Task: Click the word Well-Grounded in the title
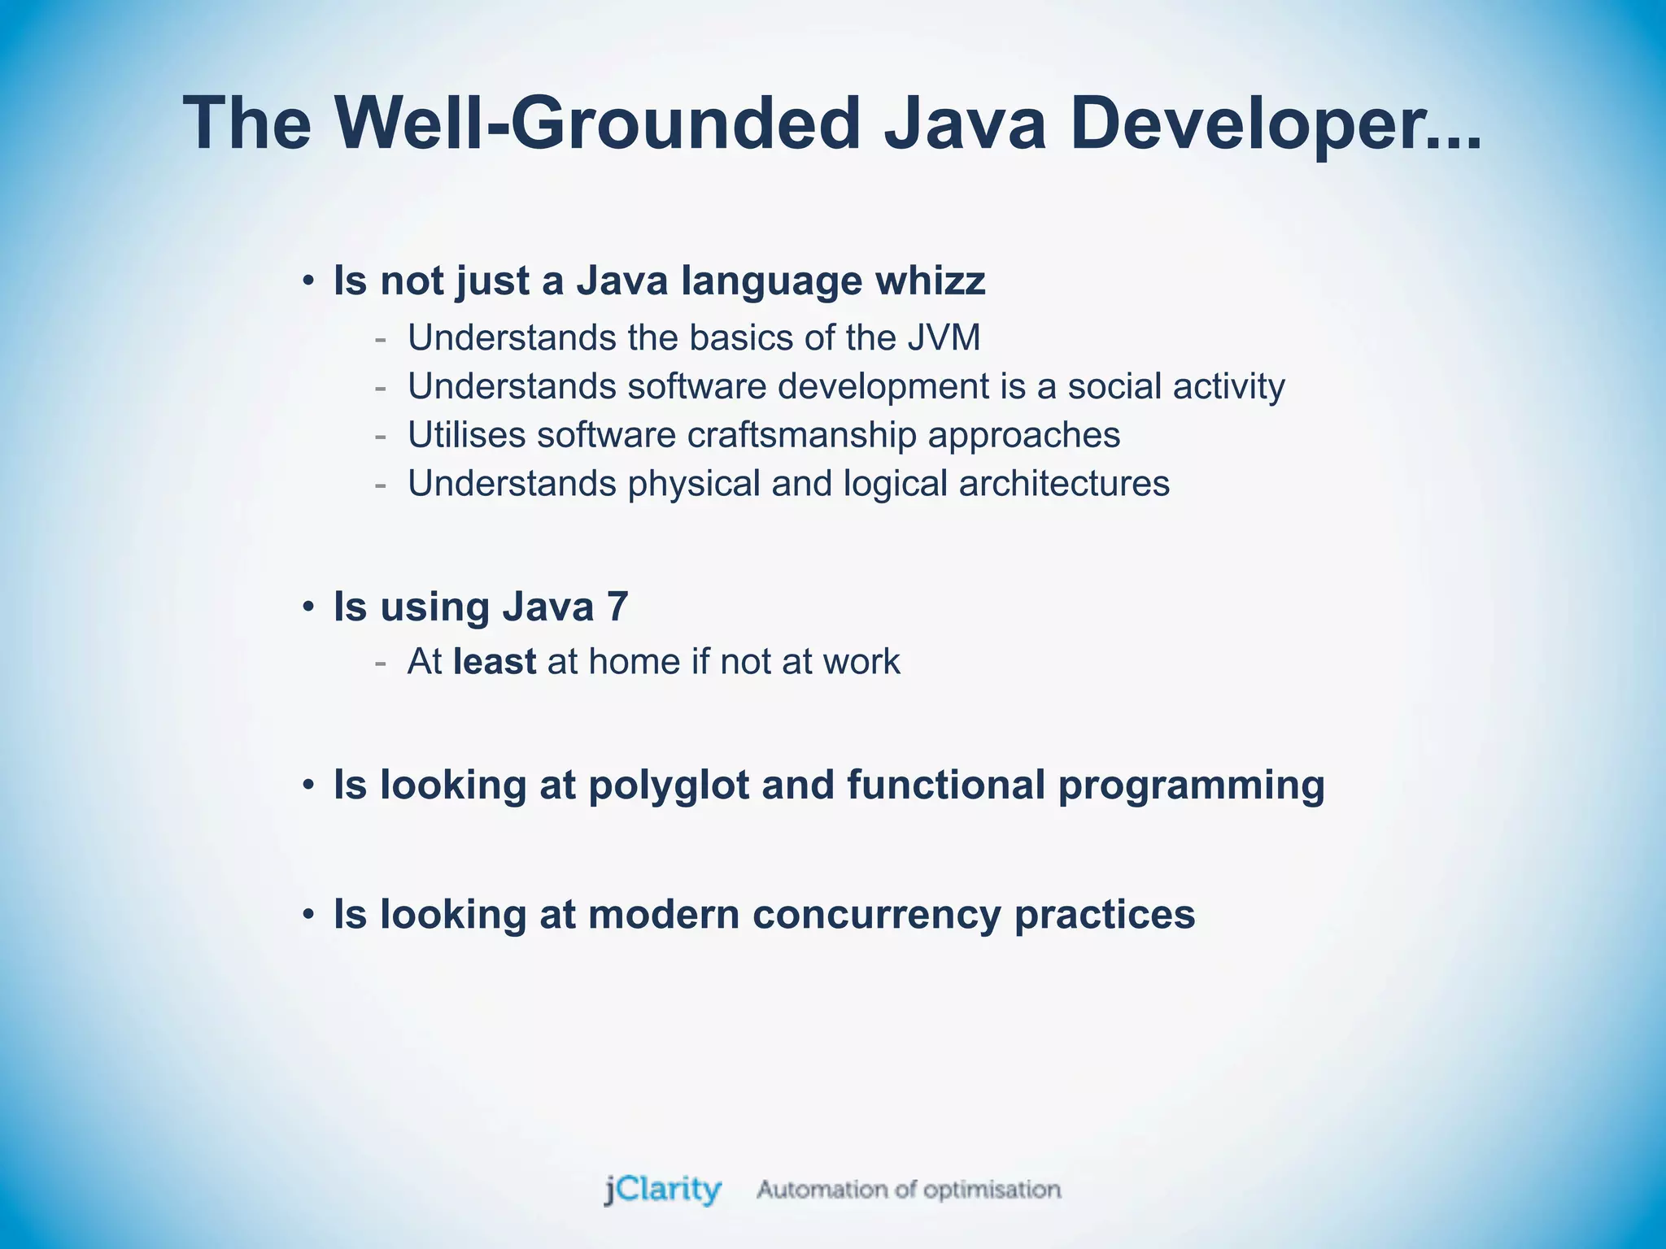(x=598, y=124)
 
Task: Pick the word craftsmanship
(x=801, y=435)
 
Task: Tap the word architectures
(x=1064, y=484)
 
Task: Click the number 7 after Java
(x=617, y=607)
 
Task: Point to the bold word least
(x=495, y=662)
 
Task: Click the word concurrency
(x=877, y=915)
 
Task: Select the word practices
(x=1105, y=915)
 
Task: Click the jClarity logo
(x=662, y=1190)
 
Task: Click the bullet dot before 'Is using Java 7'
(x=307, y=607)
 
